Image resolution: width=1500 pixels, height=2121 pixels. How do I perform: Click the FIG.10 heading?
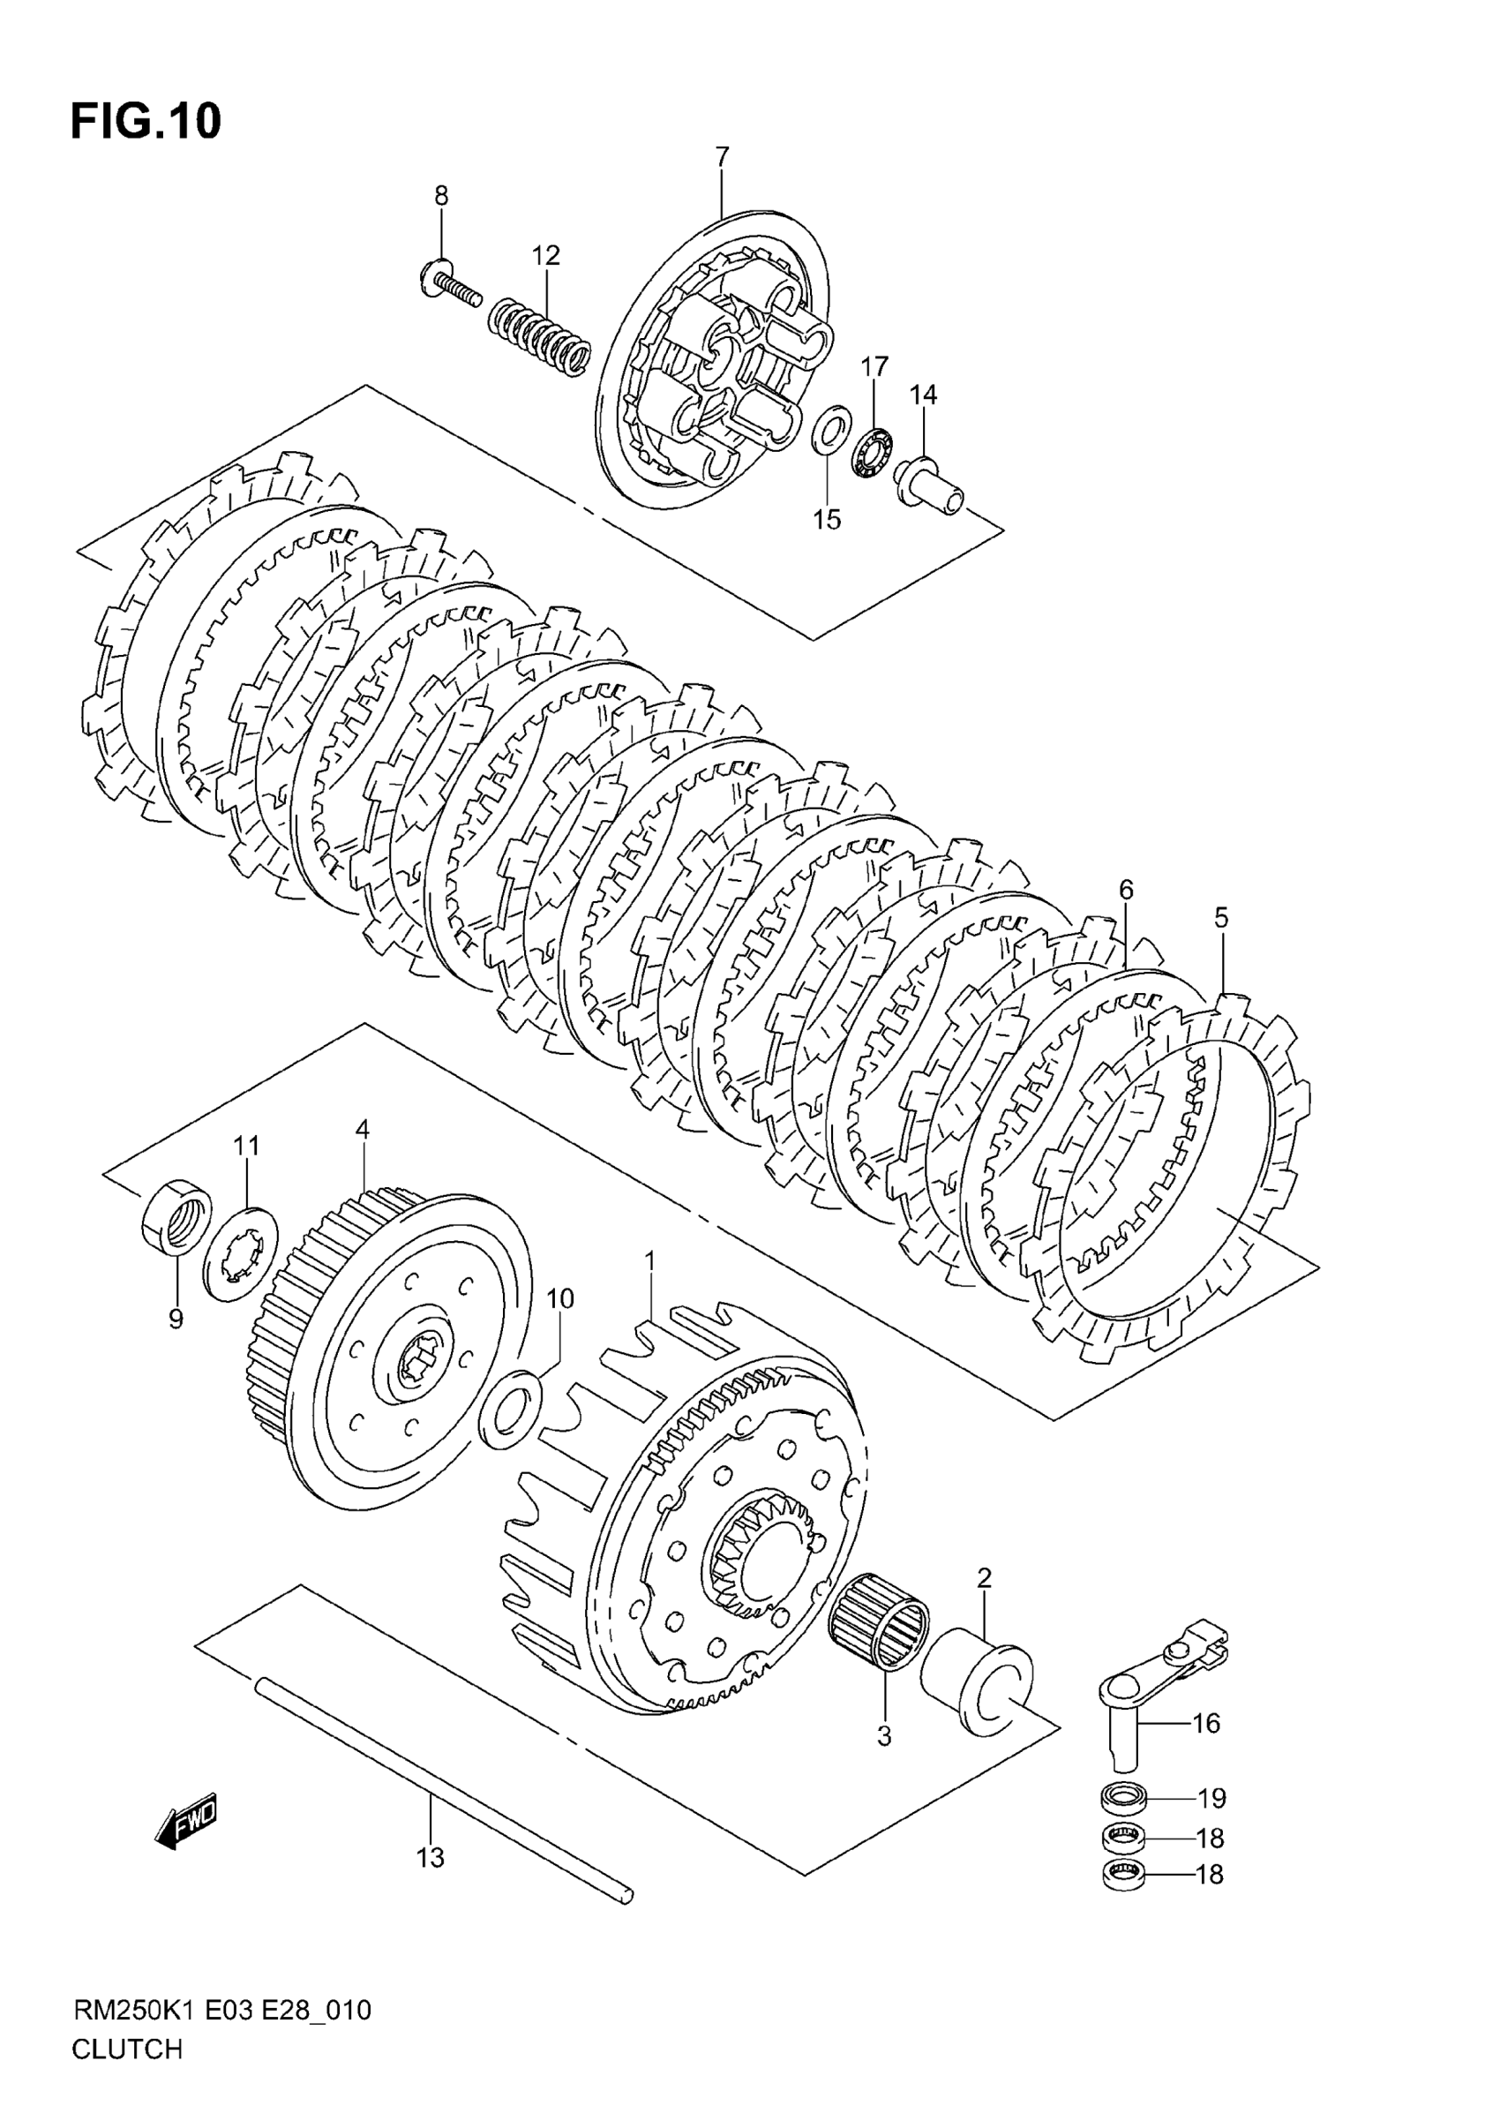click(x=146, y=122)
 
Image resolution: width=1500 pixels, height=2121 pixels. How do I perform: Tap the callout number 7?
click(x=722, y=156)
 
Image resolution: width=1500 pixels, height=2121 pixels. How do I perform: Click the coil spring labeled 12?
click(x=539, y=335)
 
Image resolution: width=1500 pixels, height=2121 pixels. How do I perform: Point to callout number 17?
click(x=874, y=367)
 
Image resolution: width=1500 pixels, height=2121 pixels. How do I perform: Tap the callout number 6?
click(x=1125, y=890)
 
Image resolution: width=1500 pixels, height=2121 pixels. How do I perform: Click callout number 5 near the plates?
click(x=1221, y=917)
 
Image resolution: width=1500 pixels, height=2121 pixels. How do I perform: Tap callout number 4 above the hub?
click(x=362, y=1129)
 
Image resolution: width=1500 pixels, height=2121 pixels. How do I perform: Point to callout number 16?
click(x=1206, y=1723)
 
